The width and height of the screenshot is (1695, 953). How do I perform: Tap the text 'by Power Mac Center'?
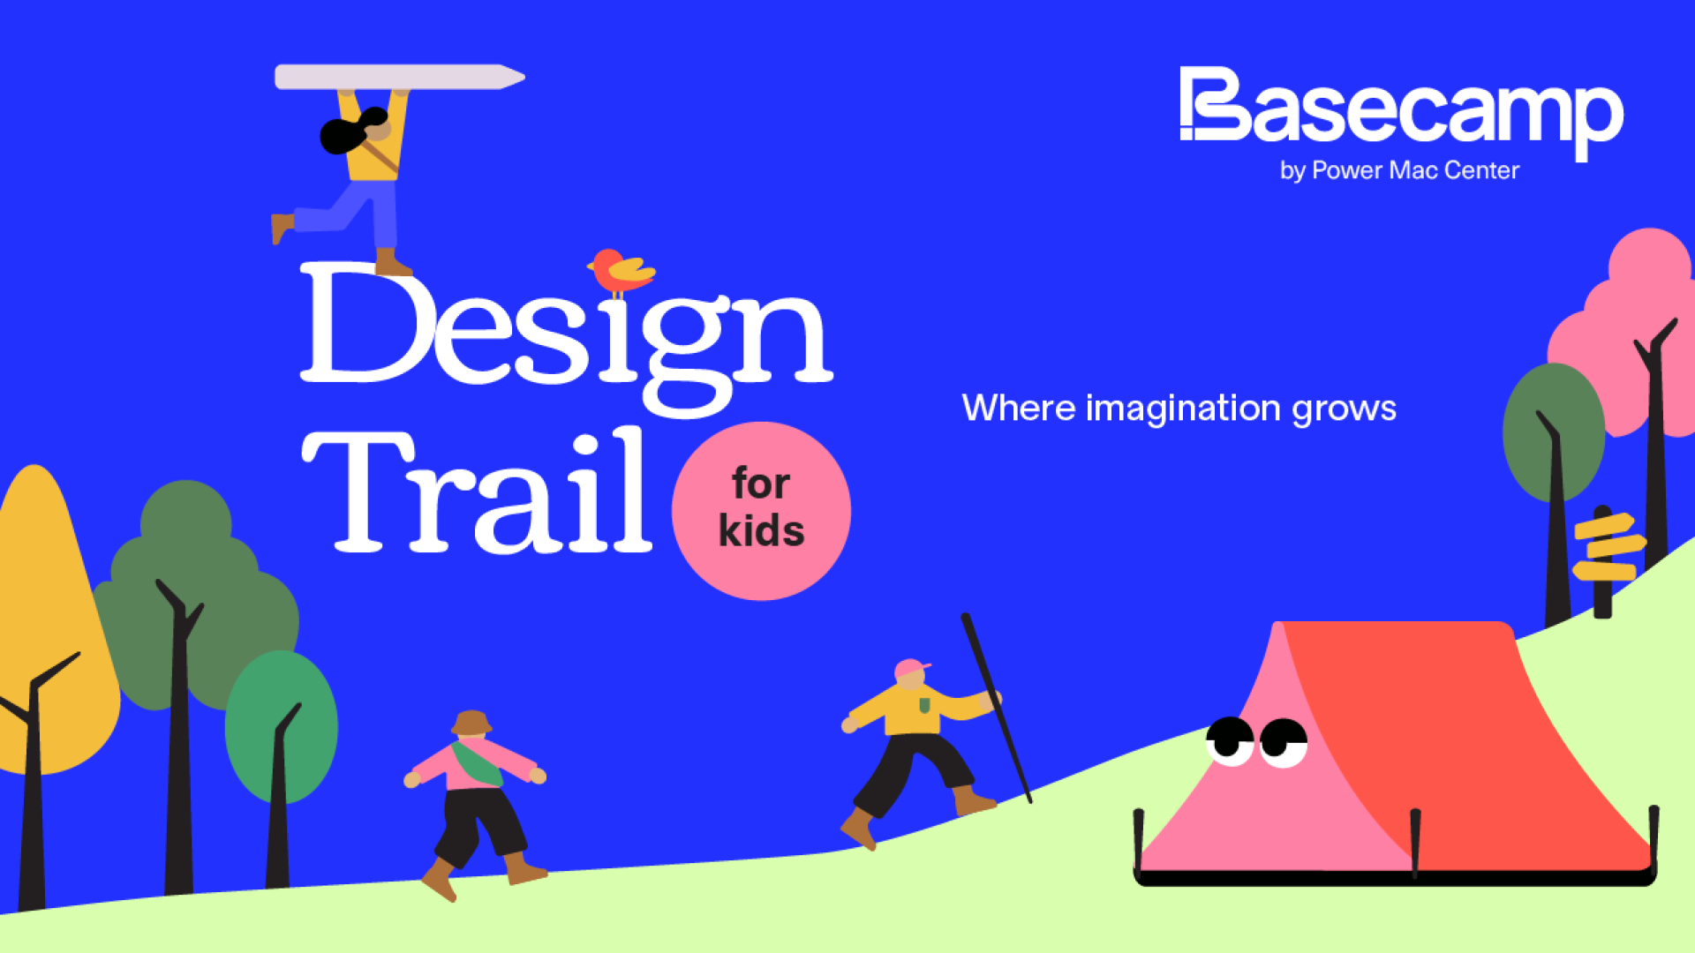click(x=1399, y=170)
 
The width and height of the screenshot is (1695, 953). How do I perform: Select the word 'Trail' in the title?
click(x=477, y=491)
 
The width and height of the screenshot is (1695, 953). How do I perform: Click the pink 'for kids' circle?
click(x=761, y=511)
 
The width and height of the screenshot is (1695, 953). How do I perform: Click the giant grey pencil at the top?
click(x=400, y=77)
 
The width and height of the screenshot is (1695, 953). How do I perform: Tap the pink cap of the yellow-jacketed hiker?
click(x=910, y=668)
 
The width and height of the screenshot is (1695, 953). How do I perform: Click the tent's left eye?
click(x=1230, y=739)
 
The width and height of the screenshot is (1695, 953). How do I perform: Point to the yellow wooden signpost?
click(x=1608, y=556)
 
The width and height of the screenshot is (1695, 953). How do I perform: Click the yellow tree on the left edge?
click(x=49, y=618)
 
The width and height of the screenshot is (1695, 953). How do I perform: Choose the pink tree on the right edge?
click(x=1633, y=326)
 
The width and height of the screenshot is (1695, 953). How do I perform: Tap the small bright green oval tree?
click(x=281, y=725)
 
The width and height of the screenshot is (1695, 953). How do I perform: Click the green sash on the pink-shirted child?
click(x=477, y=764)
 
